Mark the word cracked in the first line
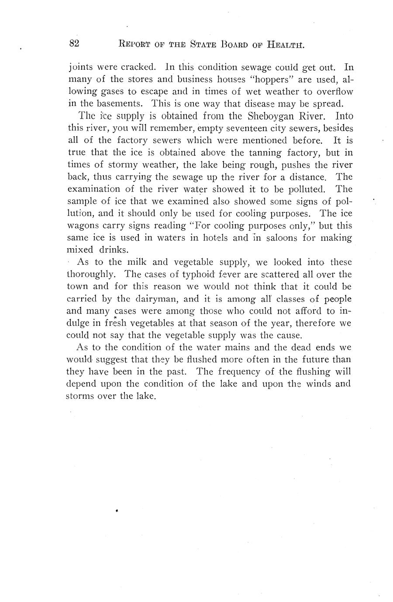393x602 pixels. pyautogui.click(x=138, y=68)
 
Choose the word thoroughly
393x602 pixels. pyautogui.click(x=92, y=275)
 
